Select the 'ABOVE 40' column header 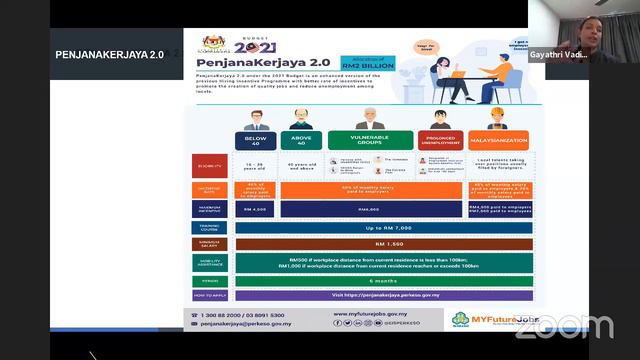[x=301, y=141]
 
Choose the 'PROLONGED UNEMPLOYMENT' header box [x=440, y=141]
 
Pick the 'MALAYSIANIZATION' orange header [x=496, y=141]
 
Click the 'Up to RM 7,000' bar [x=380, y=228]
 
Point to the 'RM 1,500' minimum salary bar [x=380, y=244]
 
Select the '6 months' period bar [x=380, y=281]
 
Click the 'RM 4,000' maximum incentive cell [x=256, y=209]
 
